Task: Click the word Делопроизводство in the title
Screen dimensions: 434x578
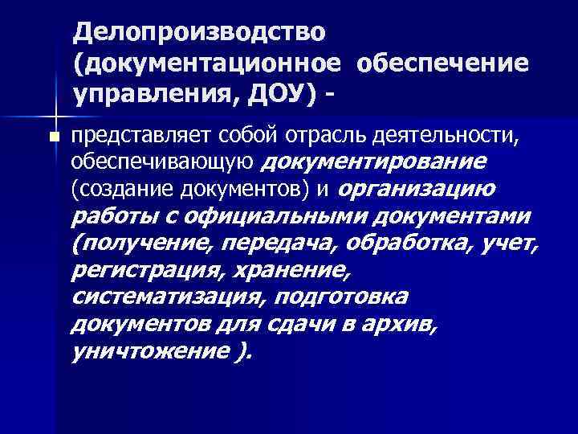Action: [x=200, y=34]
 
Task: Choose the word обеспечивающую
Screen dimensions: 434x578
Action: [x=161, y=163]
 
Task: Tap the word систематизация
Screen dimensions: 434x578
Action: [x=168, y=297]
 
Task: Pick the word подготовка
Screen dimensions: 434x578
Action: [x=340, y=297]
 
